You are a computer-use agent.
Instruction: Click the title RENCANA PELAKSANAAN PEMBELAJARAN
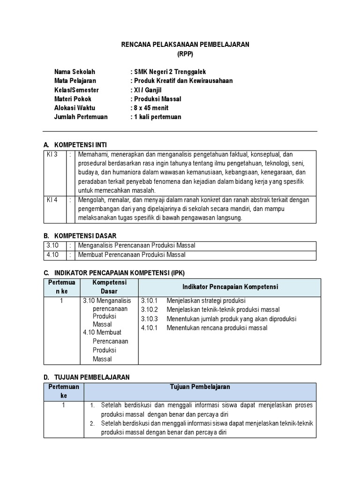click(185, 45)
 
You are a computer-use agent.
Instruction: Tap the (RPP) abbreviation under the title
click(185, 54)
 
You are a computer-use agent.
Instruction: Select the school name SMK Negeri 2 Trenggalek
click(170, 72)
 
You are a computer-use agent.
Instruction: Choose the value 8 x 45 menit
click(151, 108)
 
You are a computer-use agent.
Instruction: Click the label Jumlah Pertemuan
click(81, 117)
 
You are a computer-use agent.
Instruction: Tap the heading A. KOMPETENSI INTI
click(78, 145)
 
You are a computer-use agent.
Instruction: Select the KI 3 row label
click(52, 154)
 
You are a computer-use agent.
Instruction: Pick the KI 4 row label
click(52, 200)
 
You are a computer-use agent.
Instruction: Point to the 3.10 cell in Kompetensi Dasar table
click(52, 246)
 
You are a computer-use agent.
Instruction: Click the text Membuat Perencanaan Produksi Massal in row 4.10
click(132, 255)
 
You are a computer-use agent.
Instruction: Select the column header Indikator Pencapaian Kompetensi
click(230, 287)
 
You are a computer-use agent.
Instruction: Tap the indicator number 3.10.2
click(150, 310)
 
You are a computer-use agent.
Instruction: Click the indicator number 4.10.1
click(150, 328)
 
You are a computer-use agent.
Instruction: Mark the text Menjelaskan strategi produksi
click(206, 301)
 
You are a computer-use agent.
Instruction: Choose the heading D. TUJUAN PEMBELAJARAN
click(86, 377)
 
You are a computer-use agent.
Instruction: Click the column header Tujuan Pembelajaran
click(200, 387)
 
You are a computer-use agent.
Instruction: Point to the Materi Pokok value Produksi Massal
click(157, 99)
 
